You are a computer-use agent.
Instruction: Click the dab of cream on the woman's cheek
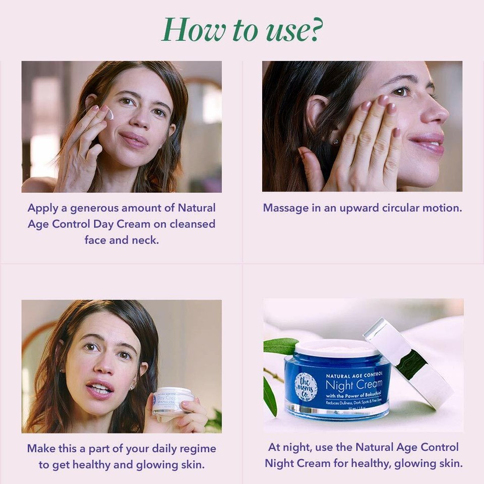point(109,115)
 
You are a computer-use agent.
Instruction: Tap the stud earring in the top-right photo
point(335,142)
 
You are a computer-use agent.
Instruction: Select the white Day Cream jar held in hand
point(173,400)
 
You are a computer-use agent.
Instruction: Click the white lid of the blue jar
point(337,348)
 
